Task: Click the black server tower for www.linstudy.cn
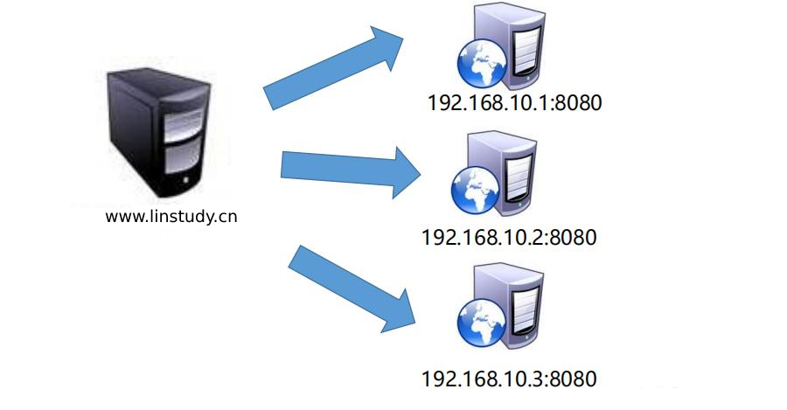point(158,131)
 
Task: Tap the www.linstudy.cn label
point(171,216)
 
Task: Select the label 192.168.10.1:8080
point(515,102)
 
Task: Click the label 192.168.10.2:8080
point(509,237)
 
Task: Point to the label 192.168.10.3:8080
point(509,379)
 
